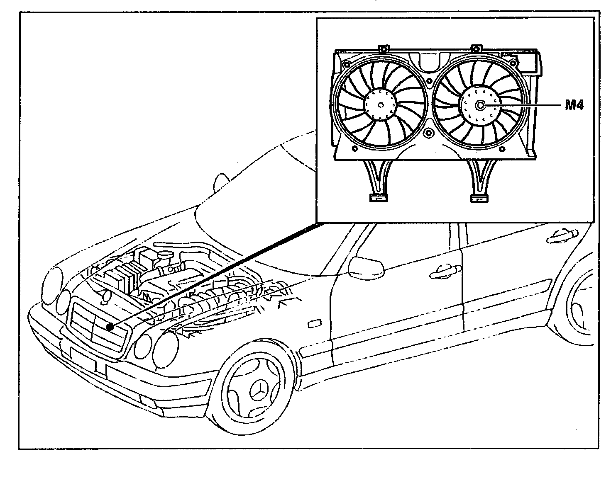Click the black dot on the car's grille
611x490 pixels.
(x=110, y=326)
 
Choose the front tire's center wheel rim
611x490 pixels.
(x=253, y=390)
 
